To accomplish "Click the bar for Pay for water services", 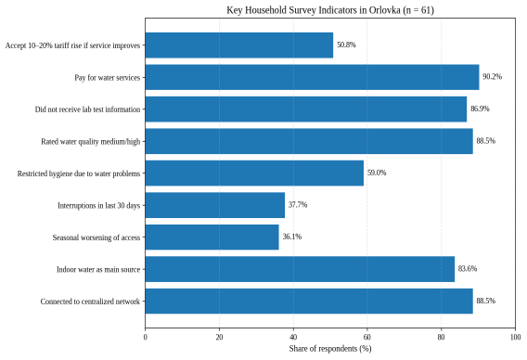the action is pos(312,77).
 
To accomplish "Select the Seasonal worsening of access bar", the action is pos(212,238).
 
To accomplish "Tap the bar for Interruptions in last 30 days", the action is pos(214,205).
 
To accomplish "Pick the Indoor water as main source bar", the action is pos(300,269).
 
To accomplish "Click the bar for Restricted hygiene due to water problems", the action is pos(254,174).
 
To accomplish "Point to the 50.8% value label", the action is pos(346,45).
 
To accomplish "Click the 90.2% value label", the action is pos(492,77).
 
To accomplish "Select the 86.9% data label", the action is pos(480,109).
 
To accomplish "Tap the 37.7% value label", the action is pos(298,205).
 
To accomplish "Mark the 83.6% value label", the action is pos(468,268).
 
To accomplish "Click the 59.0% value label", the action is pos(377,173).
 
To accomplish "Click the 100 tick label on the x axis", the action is pos(515,337).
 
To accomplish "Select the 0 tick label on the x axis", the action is pos(145,337).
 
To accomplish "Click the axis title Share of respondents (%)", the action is pos(330,349).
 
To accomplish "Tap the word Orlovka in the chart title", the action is pos(384,10).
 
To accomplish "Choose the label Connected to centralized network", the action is pos(90,302).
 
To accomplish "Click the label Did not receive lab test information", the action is pos(87,109).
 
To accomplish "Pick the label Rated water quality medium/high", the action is pos(90,142).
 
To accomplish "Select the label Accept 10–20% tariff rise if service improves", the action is pos(72,45).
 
